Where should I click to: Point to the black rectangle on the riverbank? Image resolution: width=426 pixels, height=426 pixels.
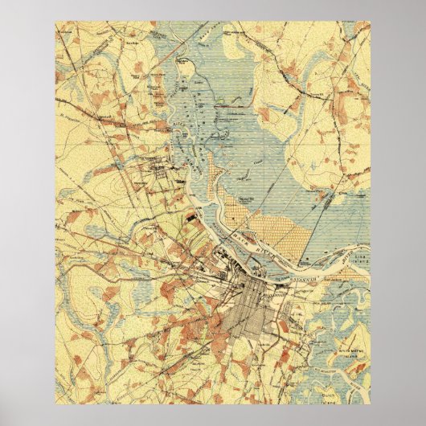point(190,215)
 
